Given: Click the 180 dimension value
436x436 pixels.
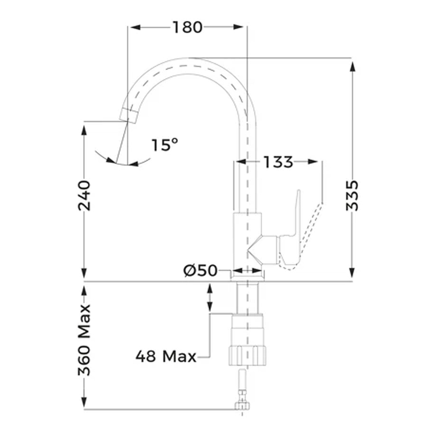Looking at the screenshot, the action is coord(187,27).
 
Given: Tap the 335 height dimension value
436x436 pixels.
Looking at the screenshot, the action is coord(352,196).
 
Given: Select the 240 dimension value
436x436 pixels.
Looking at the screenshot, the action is coord(84,196).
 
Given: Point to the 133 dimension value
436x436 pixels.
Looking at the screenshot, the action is coord(278,162).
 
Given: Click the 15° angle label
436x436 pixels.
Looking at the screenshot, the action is coord(165,144).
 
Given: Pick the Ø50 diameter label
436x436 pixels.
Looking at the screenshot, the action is coord(200,270).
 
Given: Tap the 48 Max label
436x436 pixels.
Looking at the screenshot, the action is coord(166,356).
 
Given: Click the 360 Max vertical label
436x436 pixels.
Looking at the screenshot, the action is coord(84,340).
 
